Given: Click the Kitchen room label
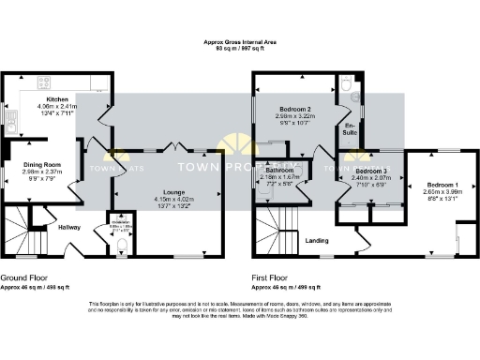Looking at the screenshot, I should [57, 98].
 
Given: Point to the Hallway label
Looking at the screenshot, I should [68, 226].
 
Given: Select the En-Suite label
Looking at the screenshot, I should [350, 128].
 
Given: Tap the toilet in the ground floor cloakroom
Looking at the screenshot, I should [118, 247].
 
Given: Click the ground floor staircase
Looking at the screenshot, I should [14, 230].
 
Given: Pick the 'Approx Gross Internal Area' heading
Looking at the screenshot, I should [240, 42].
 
